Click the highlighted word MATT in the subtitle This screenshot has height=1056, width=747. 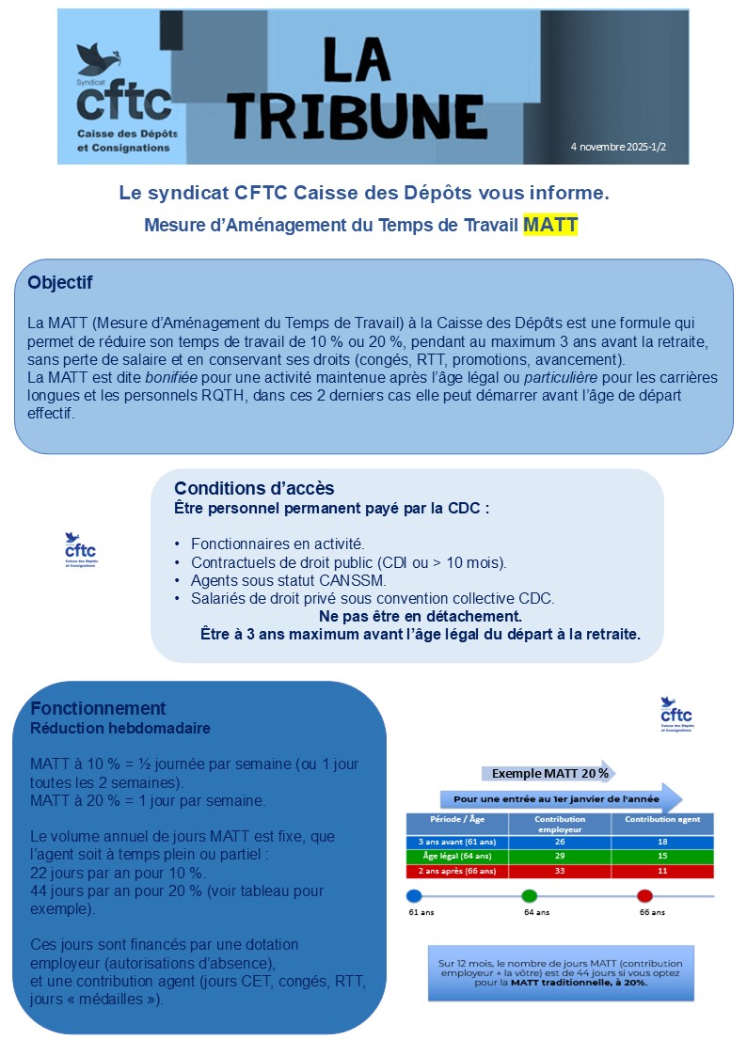(x=550, y=226)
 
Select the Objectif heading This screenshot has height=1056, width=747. (x=60, y=282)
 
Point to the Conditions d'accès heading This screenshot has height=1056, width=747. (x=254, y=489)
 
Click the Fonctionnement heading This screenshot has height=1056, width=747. (x=98, y=708)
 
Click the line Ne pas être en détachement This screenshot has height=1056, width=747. (x=421, y=616)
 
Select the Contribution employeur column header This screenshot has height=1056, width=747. (x=560, y=823)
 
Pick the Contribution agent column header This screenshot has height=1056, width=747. (x=662, y=819)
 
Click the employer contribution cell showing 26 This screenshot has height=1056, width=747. (x=560, y=842)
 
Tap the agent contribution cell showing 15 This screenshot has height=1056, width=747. (x=662, y=856)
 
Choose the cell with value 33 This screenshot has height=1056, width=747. (x=560, y=871)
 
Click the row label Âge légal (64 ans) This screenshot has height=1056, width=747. (x=456, y=856)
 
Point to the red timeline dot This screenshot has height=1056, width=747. (x=644, y=895)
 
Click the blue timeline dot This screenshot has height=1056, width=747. (x=413, y=895)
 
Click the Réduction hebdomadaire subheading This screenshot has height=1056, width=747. (x=120, y=728)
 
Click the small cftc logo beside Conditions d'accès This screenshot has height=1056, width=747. (x=81, y=550)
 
